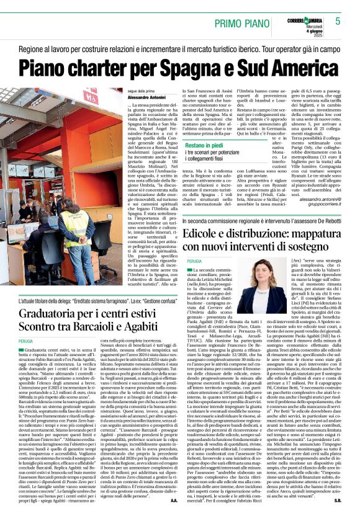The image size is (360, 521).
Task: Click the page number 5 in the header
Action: coord(338,21)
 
